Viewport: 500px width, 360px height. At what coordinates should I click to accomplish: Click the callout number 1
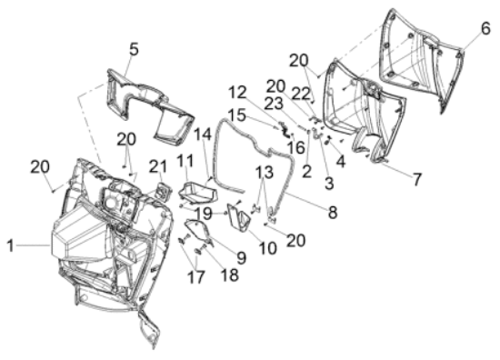pyautogui.click(x=11, y=245)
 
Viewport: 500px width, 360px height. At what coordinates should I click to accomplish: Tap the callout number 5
pyautogui.click(x=134, y=49)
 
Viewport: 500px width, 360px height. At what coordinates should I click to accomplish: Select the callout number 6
pyautogui.click(x=485, y=29)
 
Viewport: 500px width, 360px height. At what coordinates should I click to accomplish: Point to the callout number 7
pyautogui.click(x=417, y=179)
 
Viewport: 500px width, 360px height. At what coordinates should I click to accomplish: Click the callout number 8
pyautogui.click(x=332, y=212)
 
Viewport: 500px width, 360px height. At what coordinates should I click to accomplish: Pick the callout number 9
pyautogui.click(x=242, y=257)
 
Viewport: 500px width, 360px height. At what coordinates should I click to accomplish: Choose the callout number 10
pyautogui.click(x=267, y=248)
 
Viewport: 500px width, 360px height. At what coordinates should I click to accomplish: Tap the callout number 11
pyautogui.click(x=185, y=160)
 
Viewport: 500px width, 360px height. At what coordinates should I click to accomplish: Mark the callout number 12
pyautogui.click(x=237, y=93)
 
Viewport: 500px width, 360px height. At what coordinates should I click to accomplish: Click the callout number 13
pyautogui.click(x=265, y=172)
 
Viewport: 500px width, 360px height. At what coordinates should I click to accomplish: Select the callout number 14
pyautogui.click(x=203, y=134)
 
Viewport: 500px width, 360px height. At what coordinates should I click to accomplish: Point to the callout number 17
pyautogui.click(x=195, y=276)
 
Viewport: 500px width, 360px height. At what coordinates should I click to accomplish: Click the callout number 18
pyautogui.click(x=230, y=275)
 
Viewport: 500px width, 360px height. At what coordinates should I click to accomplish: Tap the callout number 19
pyautogui.click(x=204, y=214)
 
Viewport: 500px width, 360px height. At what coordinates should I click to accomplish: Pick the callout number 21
pyautogui.click(x=158, y=166)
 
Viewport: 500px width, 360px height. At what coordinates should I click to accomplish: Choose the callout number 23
pyautogui.click(x=275, y=104)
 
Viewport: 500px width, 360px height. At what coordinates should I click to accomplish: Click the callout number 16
pyautogui.click(x=295, y=147)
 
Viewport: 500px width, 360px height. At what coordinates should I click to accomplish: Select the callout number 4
pyautogui.click(x=341, y=162)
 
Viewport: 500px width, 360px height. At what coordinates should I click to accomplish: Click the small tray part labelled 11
pyautogui.click(x=198, y=193)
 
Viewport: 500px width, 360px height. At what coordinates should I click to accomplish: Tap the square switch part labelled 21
pyautogui.click(x=164, y=191)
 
